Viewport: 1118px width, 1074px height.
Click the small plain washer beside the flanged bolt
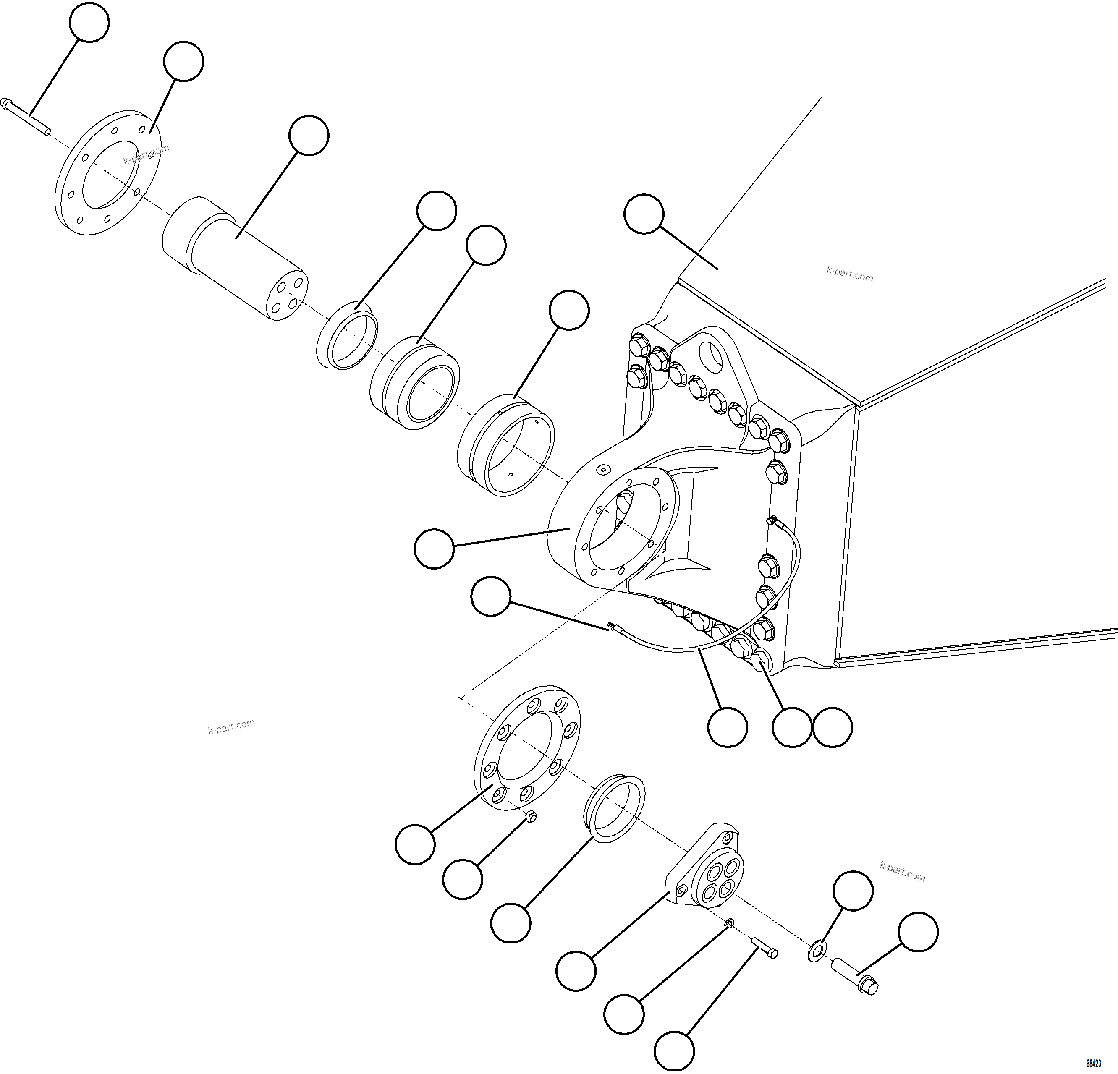(817, 951)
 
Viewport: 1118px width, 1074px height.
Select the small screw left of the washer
(765, 949)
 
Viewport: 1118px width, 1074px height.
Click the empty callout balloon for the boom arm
(644, 214)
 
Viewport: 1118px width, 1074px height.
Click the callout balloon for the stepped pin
(309, 135)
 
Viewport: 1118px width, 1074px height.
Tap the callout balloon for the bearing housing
(434, 549)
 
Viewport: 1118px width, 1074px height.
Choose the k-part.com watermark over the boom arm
(849, 275)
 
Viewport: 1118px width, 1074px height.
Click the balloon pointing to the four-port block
(576, 970)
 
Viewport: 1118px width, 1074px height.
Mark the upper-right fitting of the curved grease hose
(773, 520)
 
